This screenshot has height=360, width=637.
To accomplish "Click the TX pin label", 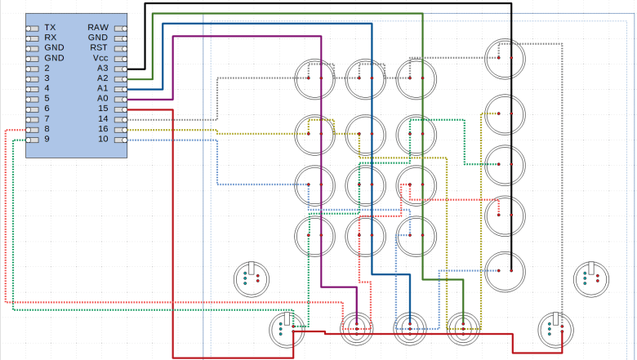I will pyautogui.click(x=51, y=28).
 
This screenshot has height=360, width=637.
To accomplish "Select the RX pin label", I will pyautogui.click(x=51, y=38).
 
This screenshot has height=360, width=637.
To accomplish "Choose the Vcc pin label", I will pyautogui.click(x=99, y=58).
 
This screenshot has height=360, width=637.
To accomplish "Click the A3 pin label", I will pyautogui.click(x=102, y=69).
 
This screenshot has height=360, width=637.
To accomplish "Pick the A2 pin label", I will pyautogui.click(x=102, y=78).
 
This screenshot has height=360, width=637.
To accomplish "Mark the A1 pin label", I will pyautogui.click(x=102, y=88).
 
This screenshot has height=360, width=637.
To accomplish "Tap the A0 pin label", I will pyautogui.click(x=102, y=99).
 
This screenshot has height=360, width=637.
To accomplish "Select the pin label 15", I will pyautogui.click(x=103, y=109).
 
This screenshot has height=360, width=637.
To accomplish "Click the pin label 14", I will pyautogui.click(x=103, y=119).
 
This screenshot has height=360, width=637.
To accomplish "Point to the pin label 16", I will pyautogui.click(x=103, y=129).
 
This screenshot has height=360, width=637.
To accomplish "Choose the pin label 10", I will pyautogui.click(x=103, y=140).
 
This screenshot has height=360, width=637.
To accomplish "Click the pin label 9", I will pyautogui.click(x=47, y=140).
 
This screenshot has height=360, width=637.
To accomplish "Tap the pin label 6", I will pyautogui.click(x=47, y=109).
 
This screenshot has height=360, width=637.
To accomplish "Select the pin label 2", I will pyautogui.click(x=47, y=69).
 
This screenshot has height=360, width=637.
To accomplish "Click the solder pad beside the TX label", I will pyautogui.click(x=33, y=28).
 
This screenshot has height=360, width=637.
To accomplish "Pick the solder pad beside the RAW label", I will pyautogui.click(x=121, y=28).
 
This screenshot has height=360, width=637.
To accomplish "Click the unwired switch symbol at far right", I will pyautogui.click(x=590, y=278).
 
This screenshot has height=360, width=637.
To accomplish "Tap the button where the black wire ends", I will pyautogui.click(x=505, y=268).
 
